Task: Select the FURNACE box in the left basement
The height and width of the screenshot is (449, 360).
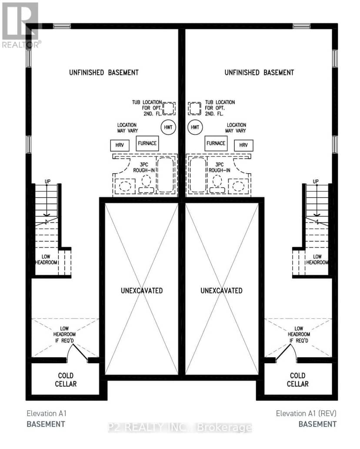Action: pos(147,143)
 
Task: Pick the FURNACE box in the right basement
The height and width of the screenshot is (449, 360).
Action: pos(216,143)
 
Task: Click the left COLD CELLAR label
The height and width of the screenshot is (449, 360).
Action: pos(66,380)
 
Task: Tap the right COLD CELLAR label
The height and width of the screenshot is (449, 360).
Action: pos(298,380)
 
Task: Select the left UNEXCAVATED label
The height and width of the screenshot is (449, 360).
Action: pos(142,291)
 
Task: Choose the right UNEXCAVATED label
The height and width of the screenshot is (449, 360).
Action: pos(221,291)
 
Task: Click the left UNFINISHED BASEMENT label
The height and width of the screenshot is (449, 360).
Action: pos(104,73)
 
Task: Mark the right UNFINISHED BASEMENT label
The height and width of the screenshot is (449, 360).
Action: pos(259,73)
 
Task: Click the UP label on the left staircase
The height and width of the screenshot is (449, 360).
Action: pos(47,181)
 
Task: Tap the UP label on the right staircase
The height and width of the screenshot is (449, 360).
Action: pos(316,181)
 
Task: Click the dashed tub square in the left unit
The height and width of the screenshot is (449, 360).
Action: pos(169,102)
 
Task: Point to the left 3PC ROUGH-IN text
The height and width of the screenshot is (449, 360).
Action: pos(144,167)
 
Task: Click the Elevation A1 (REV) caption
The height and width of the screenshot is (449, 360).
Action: pos(306,413)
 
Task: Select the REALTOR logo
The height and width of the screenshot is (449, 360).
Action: pos(20,25)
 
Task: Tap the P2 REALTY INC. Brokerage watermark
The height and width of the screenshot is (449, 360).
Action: pos(180,428)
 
